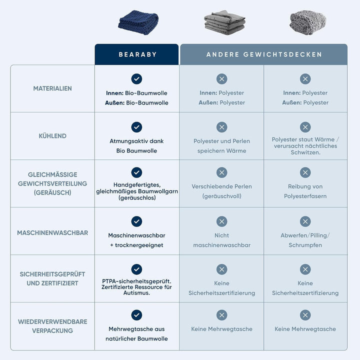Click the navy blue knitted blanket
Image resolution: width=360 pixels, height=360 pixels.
(138, 22)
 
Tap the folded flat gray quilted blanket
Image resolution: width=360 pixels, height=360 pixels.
(224, 22)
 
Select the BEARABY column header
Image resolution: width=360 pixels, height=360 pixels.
(138, 54)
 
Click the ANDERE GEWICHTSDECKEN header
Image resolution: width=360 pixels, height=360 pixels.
(264, 54)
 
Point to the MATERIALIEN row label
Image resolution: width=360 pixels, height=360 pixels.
(52, 88)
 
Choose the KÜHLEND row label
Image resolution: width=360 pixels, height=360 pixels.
(52, 136)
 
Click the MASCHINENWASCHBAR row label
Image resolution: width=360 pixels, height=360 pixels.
(52, 233)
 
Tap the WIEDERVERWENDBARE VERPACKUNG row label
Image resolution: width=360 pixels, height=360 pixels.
(52, 326)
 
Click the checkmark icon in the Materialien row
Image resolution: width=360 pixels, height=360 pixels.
(136, 79)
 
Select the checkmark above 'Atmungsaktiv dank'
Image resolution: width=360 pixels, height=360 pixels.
(136, 127)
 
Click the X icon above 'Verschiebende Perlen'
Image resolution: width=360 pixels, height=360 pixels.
(222, 172)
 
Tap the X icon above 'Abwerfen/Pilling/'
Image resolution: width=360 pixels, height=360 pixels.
(305, 221)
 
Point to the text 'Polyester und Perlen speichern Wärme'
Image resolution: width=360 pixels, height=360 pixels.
(222, 146)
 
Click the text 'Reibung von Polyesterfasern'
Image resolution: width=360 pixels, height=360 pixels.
(305, 191)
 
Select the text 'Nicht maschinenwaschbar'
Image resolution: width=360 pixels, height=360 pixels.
(222, 240)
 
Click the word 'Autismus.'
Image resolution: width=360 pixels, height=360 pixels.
(136, 293)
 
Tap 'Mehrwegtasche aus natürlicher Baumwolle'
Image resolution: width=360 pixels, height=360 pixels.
(136, 334)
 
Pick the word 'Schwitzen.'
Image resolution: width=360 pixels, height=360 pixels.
(305, 152)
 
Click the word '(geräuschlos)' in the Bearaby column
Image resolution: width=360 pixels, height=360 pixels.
(137, 197)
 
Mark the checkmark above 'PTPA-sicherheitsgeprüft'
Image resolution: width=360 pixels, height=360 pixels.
(136, 269)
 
